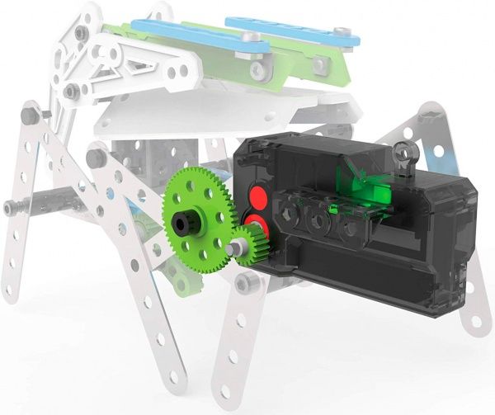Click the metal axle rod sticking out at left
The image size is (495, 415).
[25, 205]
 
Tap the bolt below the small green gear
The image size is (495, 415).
[245, 284]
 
